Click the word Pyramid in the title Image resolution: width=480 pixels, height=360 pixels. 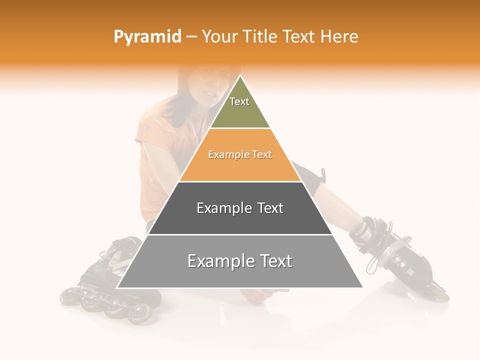pos(147,37)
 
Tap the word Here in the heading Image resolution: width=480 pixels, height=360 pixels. pos(339,36)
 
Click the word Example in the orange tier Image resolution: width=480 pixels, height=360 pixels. pos(225,154)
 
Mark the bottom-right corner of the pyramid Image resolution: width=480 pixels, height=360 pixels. pos(362,287)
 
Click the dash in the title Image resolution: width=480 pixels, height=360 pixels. pos(191,37)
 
